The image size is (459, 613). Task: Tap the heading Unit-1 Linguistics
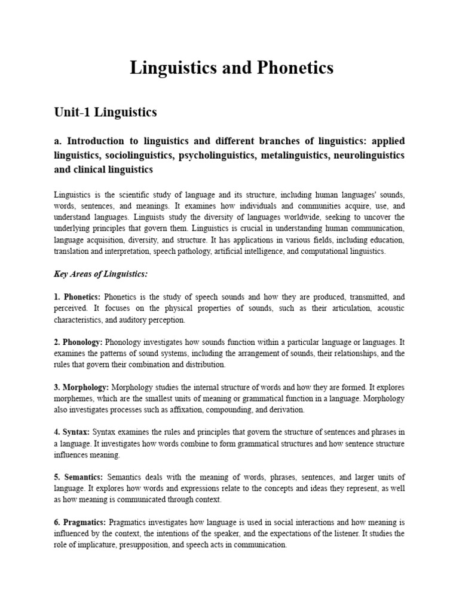(105, 112)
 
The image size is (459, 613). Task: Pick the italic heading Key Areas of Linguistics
(100, 274)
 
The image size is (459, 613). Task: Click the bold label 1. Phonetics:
(78, 297)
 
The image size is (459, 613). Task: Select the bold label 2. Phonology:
(78, 342)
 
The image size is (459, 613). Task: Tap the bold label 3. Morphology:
(81, 387)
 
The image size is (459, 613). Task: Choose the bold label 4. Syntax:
(72, 432)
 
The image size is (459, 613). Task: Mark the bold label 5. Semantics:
(78, 477)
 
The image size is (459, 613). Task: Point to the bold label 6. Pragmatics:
(80, 523)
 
